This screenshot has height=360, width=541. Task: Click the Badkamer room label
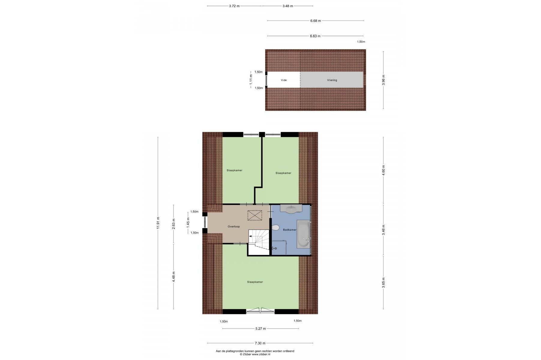click(290, 230)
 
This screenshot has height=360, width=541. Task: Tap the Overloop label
click(234, 226)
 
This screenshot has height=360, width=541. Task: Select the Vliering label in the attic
click(332, 80)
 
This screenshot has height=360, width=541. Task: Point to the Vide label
click(284, 80)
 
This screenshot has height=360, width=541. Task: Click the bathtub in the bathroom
click(304, 234)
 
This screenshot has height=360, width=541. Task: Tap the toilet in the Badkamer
click(275, 227)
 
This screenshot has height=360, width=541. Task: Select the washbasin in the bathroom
click(291, 209)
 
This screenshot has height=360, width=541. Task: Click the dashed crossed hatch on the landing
click(255, 215)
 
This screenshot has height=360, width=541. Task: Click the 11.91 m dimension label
click(158, 223)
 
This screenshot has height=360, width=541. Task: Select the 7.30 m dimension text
click(260, 343)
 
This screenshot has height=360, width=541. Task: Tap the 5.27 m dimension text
click(260, 328)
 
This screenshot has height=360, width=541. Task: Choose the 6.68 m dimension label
click(315, 21)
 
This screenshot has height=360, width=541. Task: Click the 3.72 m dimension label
click(234, 6)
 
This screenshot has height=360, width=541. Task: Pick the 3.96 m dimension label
click(383, 80)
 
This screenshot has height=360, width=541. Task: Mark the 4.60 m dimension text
click(383, 170)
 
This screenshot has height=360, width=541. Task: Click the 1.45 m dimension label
click(188, 222)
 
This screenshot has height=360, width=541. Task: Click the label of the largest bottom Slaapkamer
click(255, 282)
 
